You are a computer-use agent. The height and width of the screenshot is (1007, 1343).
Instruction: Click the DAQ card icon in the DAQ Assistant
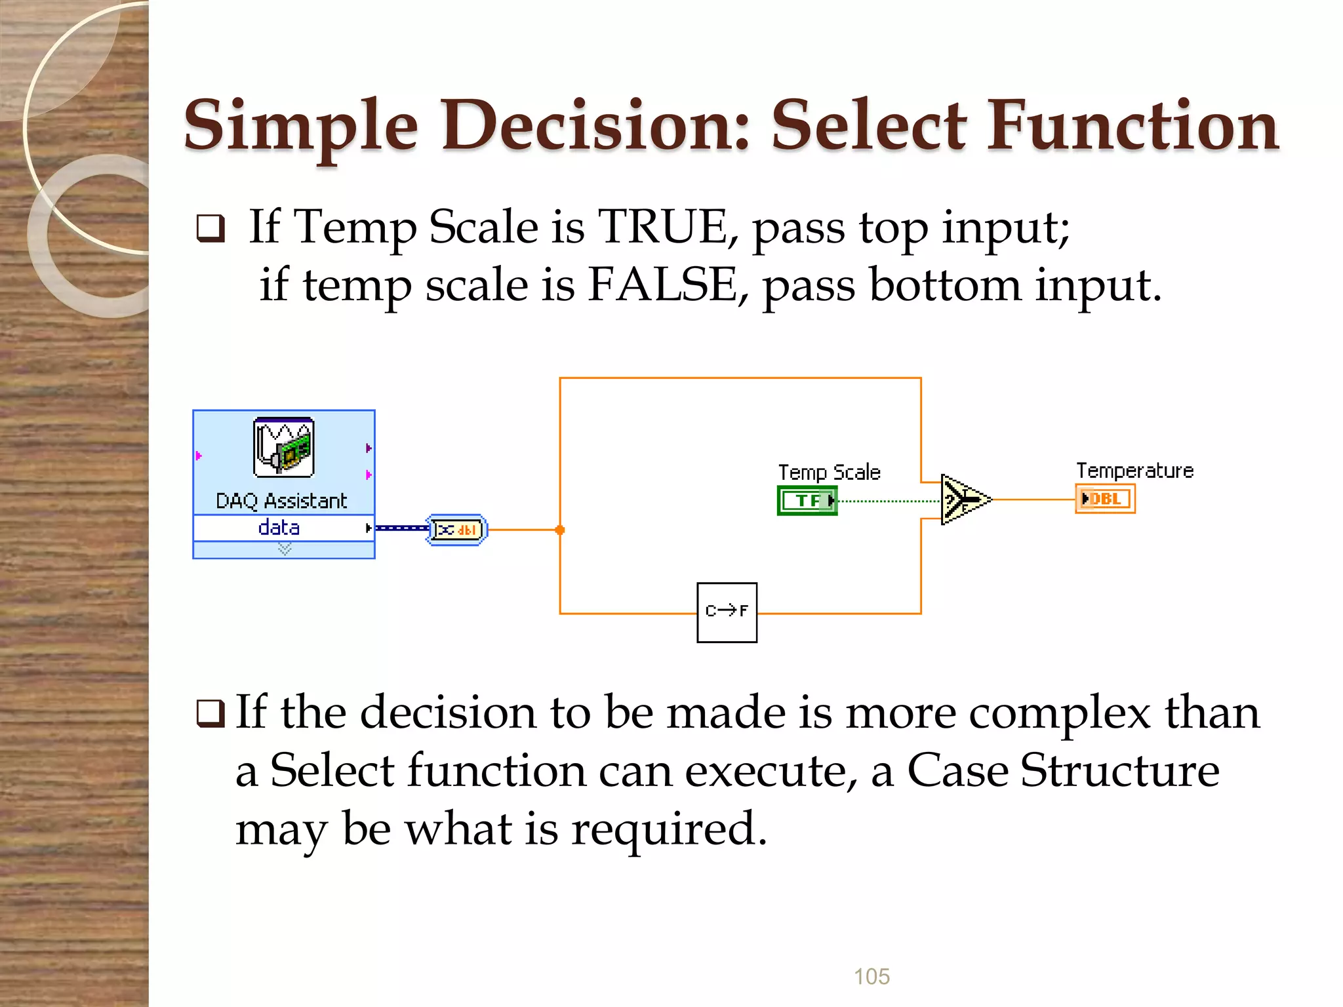click(x=283, y=447)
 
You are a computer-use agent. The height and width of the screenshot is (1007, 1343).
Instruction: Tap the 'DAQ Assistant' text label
click(x=281, y=502)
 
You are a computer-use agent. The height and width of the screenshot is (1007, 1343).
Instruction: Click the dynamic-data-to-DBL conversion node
click(x=457, y=530)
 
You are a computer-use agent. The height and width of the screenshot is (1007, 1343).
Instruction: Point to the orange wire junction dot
click(x=559, y=530)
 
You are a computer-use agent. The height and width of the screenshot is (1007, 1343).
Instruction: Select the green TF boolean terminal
click(x=807, y=500)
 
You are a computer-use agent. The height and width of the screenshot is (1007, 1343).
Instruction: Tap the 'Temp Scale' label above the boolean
click(x=829, y=472)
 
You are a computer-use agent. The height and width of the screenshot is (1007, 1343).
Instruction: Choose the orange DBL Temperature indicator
click(x=1105, y=499)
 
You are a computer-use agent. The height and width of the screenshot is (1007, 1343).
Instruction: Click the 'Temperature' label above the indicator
click(x=1134, y=471)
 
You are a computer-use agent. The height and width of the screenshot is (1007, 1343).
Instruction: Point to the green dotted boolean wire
click(x=889, y=501)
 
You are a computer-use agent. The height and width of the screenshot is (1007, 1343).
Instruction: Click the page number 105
click(x=872, y=976)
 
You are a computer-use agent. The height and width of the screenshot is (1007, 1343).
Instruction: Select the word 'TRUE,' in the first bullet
click(x=668, y=227)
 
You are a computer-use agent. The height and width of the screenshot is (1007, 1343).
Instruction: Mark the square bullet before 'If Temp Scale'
click(x=210, y=229)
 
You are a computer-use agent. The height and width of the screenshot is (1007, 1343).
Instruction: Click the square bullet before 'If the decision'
click(x=210, y=714)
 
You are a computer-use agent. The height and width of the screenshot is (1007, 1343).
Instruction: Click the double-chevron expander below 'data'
click(x=285, y=549)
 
